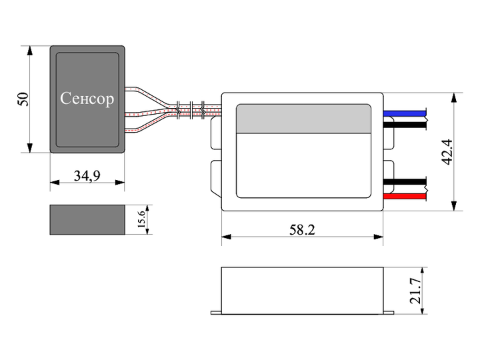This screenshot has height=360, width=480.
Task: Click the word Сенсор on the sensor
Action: pos(87,99)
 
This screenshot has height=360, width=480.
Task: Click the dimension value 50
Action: pos(23,99)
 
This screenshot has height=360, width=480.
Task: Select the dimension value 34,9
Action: pos(87,176)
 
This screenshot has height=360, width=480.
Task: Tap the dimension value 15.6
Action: pos(141,219)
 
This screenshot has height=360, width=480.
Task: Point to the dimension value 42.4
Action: pos(447,152)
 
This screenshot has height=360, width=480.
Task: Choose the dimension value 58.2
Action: pos(302,229)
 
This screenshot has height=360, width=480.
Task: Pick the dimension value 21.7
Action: pos(416,291)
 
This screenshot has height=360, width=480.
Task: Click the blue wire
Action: pos(405,113)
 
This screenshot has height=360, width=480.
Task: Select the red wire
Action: pos(405,196)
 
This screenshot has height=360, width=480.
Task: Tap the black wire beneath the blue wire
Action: pos(405,125)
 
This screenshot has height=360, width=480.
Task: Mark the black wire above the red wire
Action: pos(405,181)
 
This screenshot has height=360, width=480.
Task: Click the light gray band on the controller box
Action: pos(303,119)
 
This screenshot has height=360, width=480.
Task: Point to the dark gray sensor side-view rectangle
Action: pos(87,220)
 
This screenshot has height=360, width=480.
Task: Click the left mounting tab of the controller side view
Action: pos(216,313)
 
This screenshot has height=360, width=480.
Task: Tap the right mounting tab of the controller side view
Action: pos(389,313)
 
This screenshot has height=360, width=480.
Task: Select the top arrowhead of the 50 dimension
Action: pos(30,51)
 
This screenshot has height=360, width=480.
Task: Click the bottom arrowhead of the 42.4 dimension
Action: pos(454,206)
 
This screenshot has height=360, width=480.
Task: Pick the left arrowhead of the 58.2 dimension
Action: pos(227,237)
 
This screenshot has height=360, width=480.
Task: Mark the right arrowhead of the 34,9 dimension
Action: pos(120,183)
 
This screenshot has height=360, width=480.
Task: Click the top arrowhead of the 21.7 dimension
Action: pos(423,271)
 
